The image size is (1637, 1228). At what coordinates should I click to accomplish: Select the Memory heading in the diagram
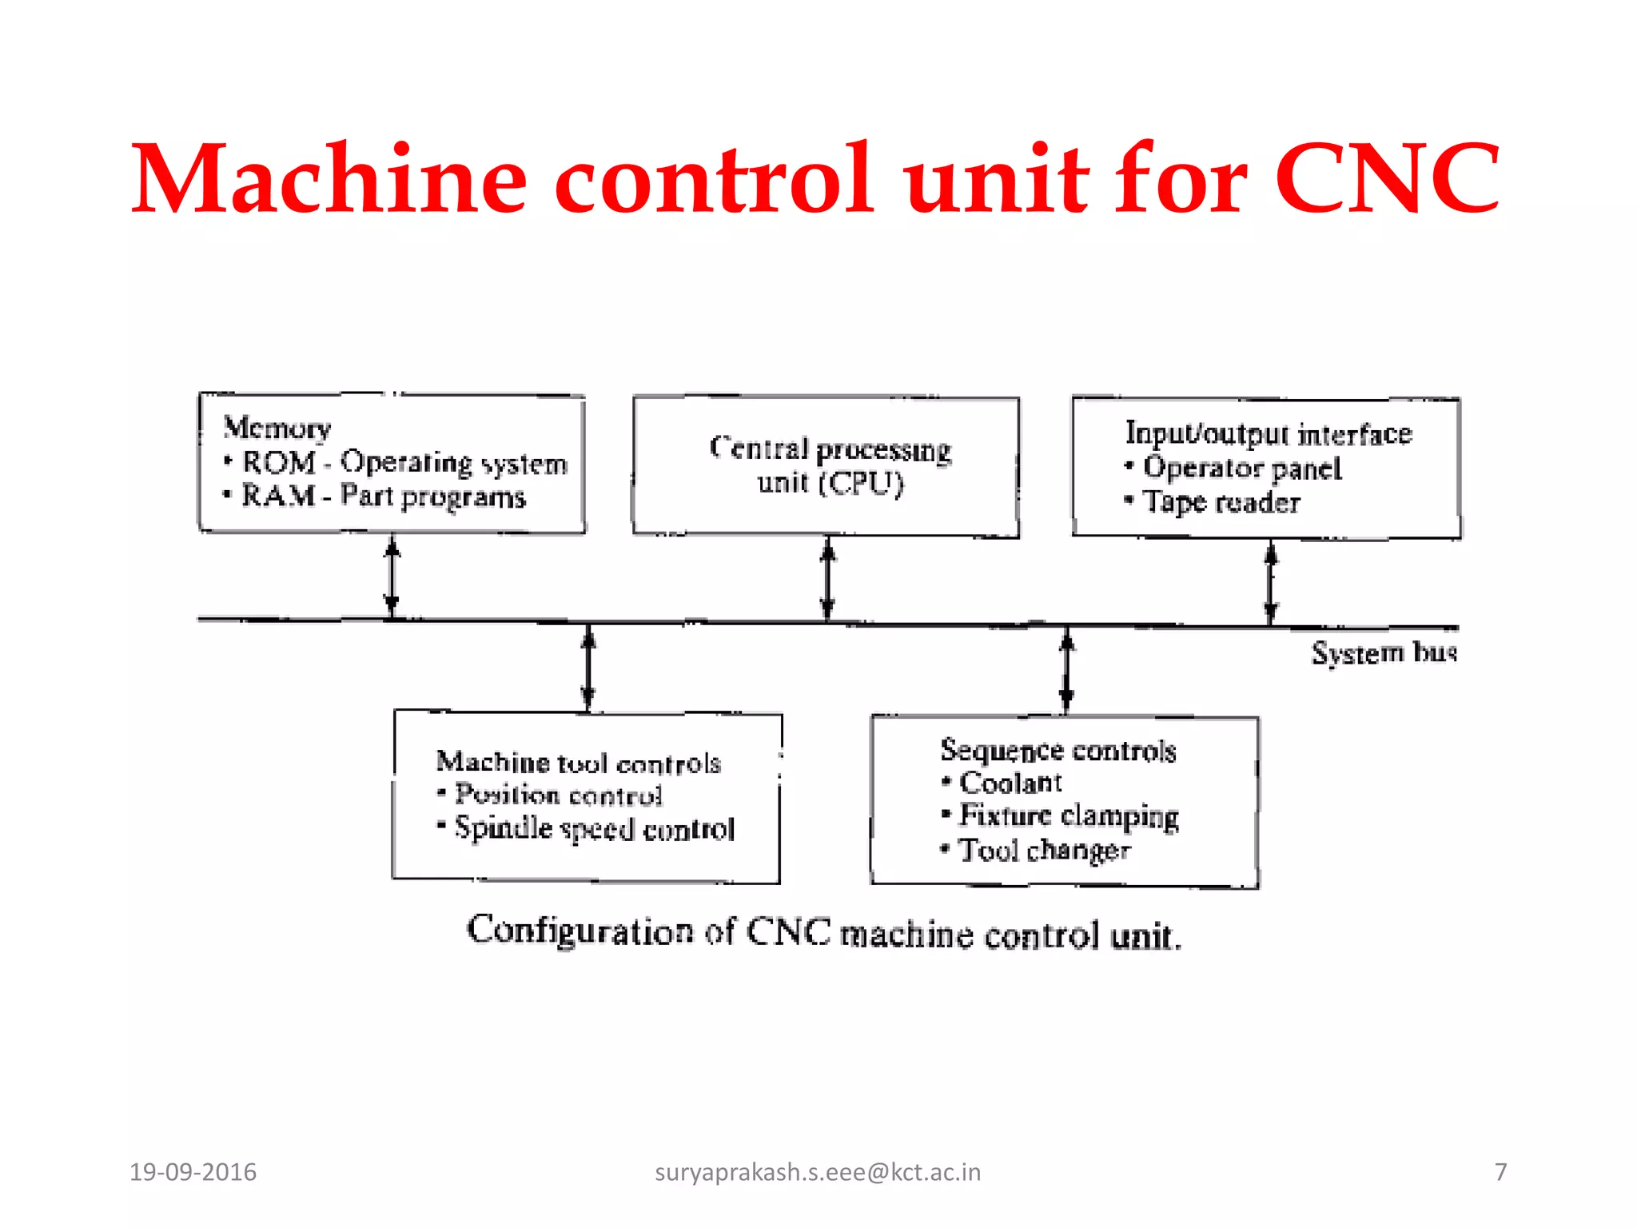[277, 428]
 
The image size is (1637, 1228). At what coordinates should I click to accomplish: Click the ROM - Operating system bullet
[404, 463]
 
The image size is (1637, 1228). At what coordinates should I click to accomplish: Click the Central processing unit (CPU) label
[830, 465]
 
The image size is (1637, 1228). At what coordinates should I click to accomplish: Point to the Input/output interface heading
[1269, 433]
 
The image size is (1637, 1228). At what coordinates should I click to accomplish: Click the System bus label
[1384, 653]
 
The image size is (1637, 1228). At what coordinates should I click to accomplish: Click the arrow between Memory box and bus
[392, 576]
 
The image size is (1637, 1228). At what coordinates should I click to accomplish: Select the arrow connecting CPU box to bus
[828, 579]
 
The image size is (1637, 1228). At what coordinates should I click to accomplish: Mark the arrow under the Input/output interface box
[1271, 582]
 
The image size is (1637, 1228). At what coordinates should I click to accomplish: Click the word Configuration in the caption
[580, 931]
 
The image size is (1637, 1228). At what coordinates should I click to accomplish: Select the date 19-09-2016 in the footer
[193, 1172]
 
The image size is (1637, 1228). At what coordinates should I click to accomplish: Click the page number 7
[1500, 1172]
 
